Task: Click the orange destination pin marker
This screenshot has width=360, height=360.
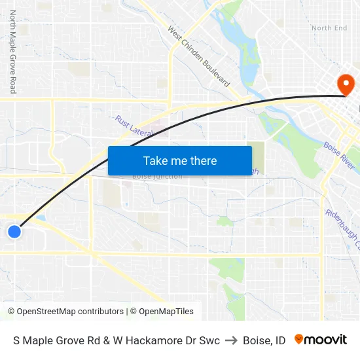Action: click(x=344, y=83)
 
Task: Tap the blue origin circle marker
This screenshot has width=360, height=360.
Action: click(x=14, y=231)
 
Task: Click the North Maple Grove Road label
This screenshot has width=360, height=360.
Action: click(x=12, y=52)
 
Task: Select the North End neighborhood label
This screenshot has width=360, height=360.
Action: click(x=329, y=28)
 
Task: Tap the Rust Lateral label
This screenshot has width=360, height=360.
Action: click(x=134, y=127)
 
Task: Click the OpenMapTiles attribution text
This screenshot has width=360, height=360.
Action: click(x=166, y=312)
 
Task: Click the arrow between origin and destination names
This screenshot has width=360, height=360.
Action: click(x=231, y=340)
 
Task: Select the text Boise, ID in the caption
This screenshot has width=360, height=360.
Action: click(x=264, y=340)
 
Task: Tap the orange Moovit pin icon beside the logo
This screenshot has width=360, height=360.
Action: click(x=299, y=339)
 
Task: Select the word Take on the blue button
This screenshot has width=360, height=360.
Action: click(x=156, y=161)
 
